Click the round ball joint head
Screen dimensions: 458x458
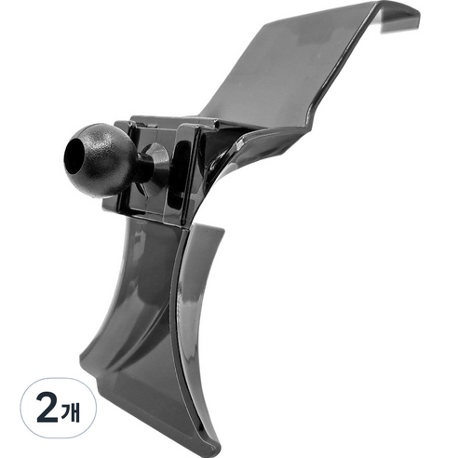tap(100, 160)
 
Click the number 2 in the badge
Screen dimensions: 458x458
tap(47, 408)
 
